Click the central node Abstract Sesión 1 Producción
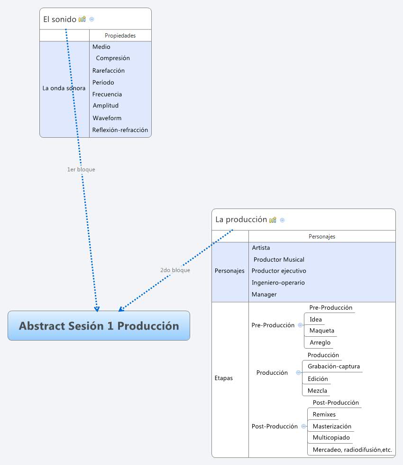coord(99,326)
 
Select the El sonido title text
coord(59,19)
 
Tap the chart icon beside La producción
coord(273,220)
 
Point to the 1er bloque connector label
coord(81,169)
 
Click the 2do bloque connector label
coord(175,270)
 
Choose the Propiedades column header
coord(120,36)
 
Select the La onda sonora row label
coord(64,88)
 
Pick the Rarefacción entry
coord(109,71)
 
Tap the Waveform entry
coord(107,118)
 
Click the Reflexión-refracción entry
coord(120,130)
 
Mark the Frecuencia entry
coord(107,95)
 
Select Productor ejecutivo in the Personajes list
coord(279,271)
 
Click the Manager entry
coord(264,294)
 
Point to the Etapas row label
coord(224,379)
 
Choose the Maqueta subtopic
coord(322,331)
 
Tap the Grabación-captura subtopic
coord(334,367)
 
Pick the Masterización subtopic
coord(332,427)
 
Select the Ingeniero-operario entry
coord(278,283)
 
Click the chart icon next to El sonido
coord(82,19)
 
